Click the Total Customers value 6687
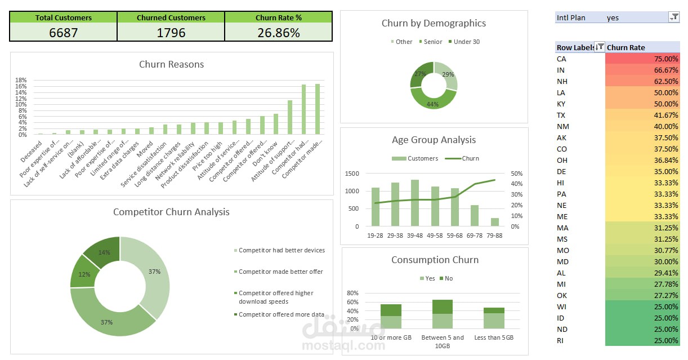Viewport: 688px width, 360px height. pos(63,33)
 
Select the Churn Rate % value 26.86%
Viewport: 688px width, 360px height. pos(279,33)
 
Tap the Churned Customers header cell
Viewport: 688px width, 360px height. pos(171,17)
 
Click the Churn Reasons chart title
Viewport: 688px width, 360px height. pos(171,64)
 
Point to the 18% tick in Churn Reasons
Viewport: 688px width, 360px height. pos(21,80)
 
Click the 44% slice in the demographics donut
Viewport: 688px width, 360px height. pos(432,103)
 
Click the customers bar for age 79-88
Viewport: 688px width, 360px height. pos(494,222)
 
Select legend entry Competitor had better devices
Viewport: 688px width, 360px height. pos(282,250)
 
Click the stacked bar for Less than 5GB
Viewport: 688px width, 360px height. pos(494,318)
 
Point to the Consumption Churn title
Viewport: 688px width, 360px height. pos(435,260)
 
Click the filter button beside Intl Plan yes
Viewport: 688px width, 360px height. pos(674,17)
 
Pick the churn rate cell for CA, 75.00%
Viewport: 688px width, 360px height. pos(642,59)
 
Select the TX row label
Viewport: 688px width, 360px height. pos(561,115)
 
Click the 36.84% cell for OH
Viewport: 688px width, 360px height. pos(642,160)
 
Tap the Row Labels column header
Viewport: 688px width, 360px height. pos(575,47)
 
